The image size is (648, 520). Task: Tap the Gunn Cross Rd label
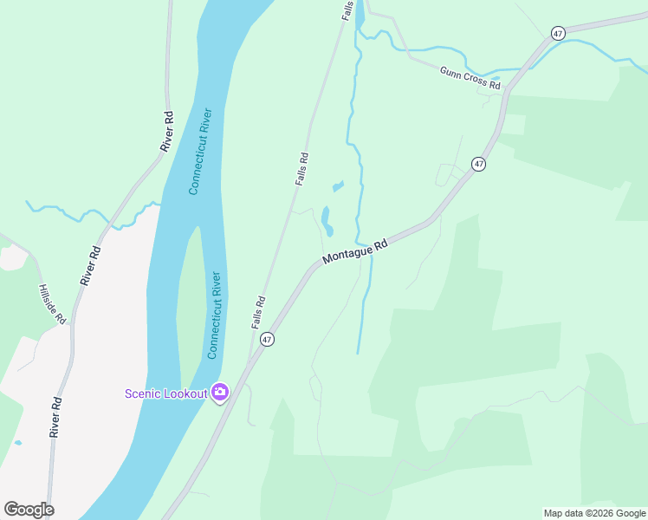470,79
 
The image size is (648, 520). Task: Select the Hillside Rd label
52,303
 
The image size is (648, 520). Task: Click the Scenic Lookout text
165,393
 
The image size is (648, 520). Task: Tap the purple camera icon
220,393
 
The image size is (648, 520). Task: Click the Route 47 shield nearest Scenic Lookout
267,340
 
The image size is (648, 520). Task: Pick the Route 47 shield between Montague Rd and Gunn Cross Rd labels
477,163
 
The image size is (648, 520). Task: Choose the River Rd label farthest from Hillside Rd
166,132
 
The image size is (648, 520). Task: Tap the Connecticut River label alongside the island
214,315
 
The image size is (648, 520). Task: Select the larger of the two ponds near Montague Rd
327,220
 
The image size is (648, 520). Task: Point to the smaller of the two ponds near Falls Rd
338,185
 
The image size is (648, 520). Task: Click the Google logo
29,510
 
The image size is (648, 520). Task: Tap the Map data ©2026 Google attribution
594,513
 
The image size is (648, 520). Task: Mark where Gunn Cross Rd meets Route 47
509,90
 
